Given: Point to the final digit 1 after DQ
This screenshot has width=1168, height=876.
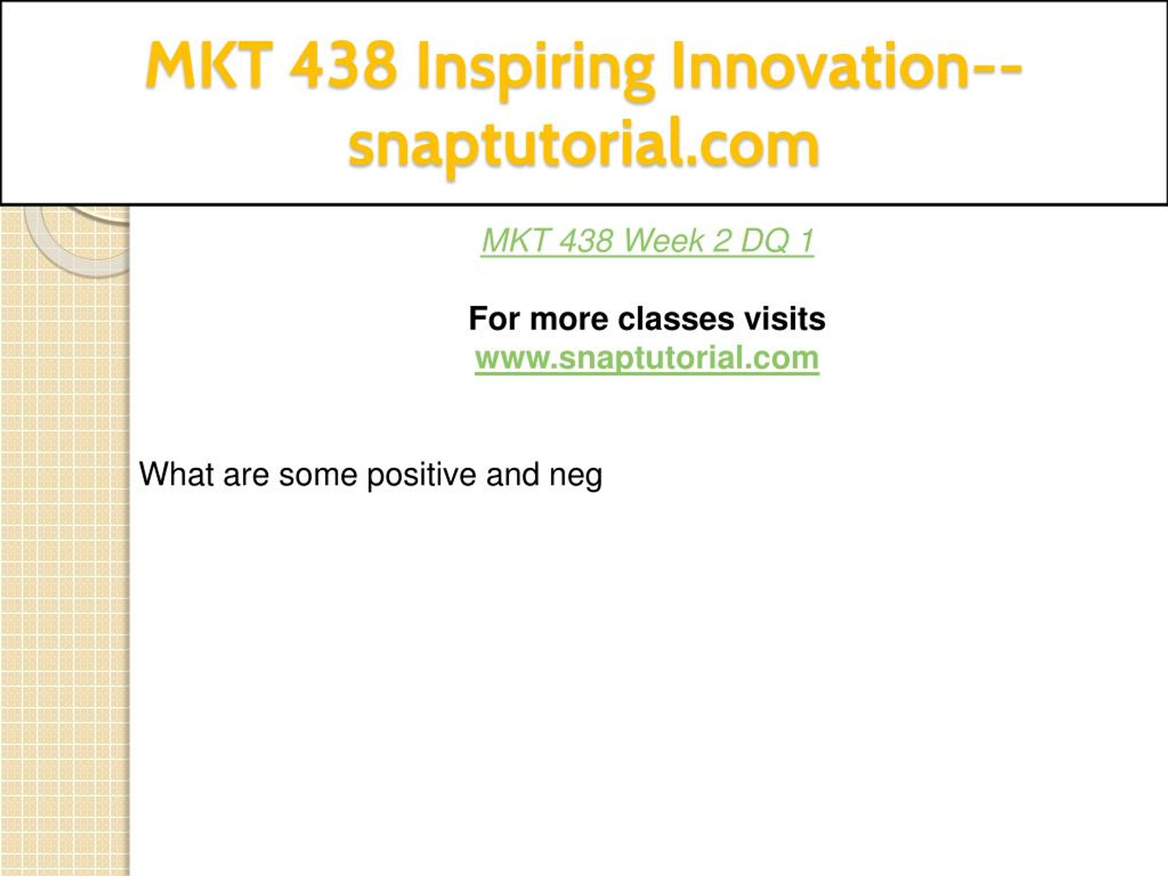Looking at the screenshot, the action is [806, 241].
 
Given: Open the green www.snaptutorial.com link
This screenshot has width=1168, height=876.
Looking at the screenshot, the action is [647, 359].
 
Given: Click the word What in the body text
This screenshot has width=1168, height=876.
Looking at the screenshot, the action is [177, 474].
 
